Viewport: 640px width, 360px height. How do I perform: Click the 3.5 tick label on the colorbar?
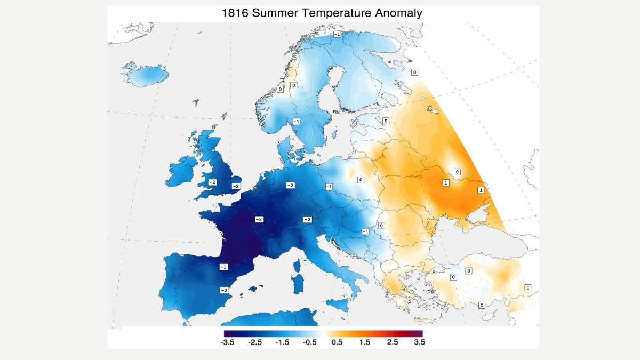pos(419,342)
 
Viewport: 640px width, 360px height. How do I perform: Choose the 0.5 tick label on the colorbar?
pos(337,342)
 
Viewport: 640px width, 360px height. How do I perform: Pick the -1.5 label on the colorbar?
pos(282,342)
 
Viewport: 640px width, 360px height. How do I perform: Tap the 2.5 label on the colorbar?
pos(391,342)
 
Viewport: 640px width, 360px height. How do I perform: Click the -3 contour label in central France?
pos(259,219)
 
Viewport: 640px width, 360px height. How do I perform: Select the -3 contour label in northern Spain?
pos(224,267)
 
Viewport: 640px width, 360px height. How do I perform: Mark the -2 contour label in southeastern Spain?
pos(225,290)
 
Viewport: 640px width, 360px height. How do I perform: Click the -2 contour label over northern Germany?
pos(290,185)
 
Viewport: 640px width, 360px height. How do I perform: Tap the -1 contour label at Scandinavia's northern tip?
pos(337,34)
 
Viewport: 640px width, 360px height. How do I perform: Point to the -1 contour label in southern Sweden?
pos(296,122)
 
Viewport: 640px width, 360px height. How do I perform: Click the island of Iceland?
pos(144,75)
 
